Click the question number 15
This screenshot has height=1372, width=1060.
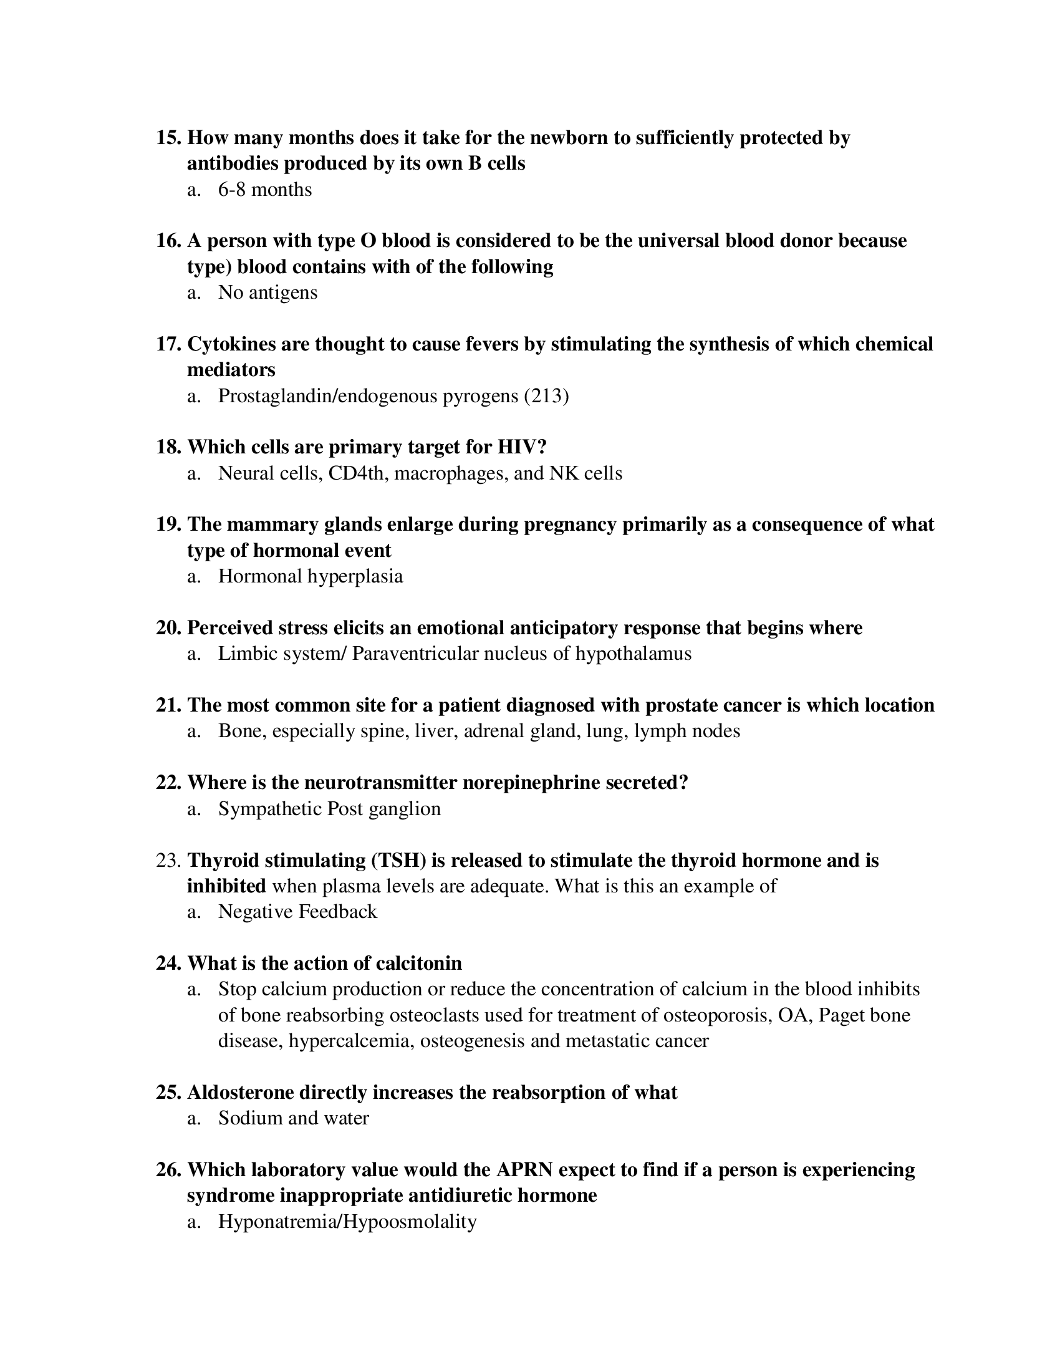click(168, 138)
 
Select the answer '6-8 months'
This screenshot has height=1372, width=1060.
click(264, 189)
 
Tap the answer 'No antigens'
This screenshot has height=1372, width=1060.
click(267, 292)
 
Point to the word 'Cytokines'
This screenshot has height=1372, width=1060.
click(231, 344)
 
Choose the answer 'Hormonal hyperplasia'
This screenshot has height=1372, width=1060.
click(311, 576)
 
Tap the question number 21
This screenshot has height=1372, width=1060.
click(168, 705)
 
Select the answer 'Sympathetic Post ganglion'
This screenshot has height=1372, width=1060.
click(329, 808)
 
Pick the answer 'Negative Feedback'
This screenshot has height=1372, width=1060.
click(297, 912)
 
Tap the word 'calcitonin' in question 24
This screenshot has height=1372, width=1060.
click(418, 963)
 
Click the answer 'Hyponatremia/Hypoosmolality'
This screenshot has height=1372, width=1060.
click(347, 1222)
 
